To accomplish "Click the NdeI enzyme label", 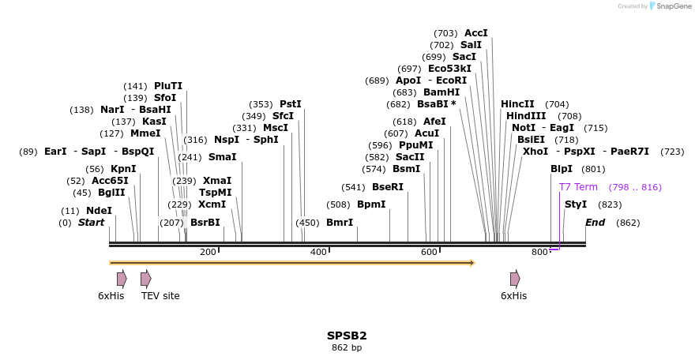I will (x=99, y=211).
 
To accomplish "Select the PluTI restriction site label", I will (x=168, y=86).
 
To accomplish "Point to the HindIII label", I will (x=526, y=116).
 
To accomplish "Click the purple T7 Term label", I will (x=578, y=187).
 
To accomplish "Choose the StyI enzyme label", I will (x=576, y=204).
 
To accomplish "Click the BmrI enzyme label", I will (x=340, y=223).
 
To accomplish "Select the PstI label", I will (x=291, y=104).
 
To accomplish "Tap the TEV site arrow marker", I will (x=145, y=278).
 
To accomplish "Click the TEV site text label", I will (x=160, y=296).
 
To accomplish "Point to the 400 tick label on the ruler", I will (x=318, y=252).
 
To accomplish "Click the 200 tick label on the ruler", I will (x=208, y=252).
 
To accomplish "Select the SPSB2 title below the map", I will (x=347, y=336).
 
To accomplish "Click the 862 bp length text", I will (x=347, y=347).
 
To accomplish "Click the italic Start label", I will (x=91, y=223).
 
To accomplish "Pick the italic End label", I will (x=595, y=223).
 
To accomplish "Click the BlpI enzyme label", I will (x=562, y=169).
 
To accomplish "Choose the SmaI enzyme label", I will (x=222, y=157).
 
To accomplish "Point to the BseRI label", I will (x=387, y=187).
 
